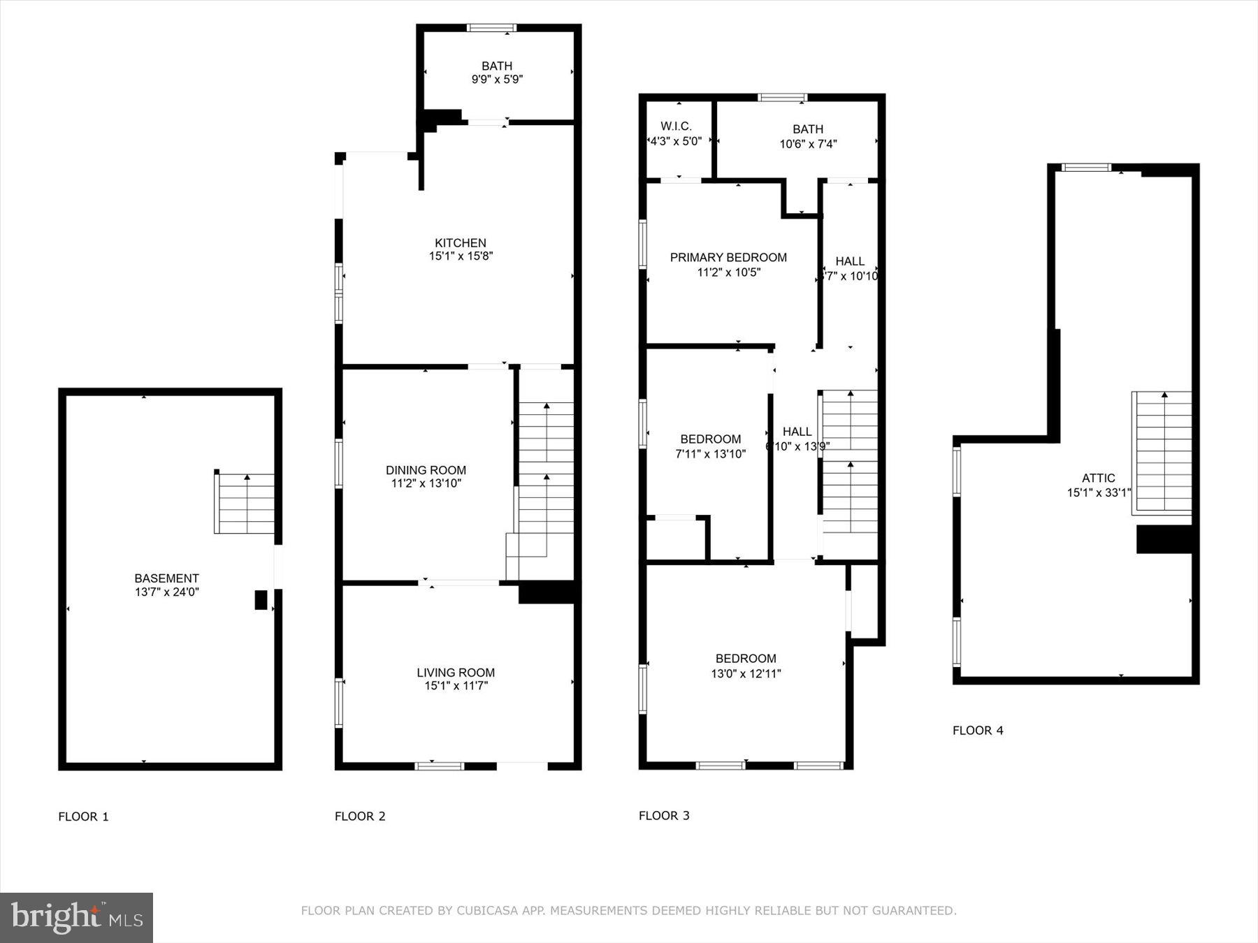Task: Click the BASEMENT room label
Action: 166,578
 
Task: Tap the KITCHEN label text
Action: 461,243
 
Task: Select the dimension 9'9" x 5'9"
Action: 497,80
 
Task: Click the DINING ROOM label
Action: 426,470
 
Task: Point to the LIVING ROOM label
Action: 456,673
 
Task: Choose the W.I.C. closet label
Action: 676,126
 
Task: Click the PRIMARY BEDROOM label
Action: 728,258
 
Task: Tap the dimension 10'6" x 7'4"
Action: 808,145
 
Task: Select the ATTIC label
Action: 1098,478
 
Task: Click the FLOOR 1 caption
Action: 83,817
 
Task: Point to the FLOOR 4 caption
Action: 978,731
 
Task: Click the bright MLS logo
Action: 76,917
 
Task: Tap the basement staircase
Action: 245,504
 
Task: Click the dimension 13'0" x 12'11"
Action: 746,674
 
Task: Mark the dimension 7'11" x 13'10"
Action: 710,454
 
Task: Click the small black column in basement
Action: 261,600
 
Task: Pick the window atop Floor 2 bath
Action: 491,28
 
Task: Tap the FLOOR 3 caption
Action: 664,816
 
